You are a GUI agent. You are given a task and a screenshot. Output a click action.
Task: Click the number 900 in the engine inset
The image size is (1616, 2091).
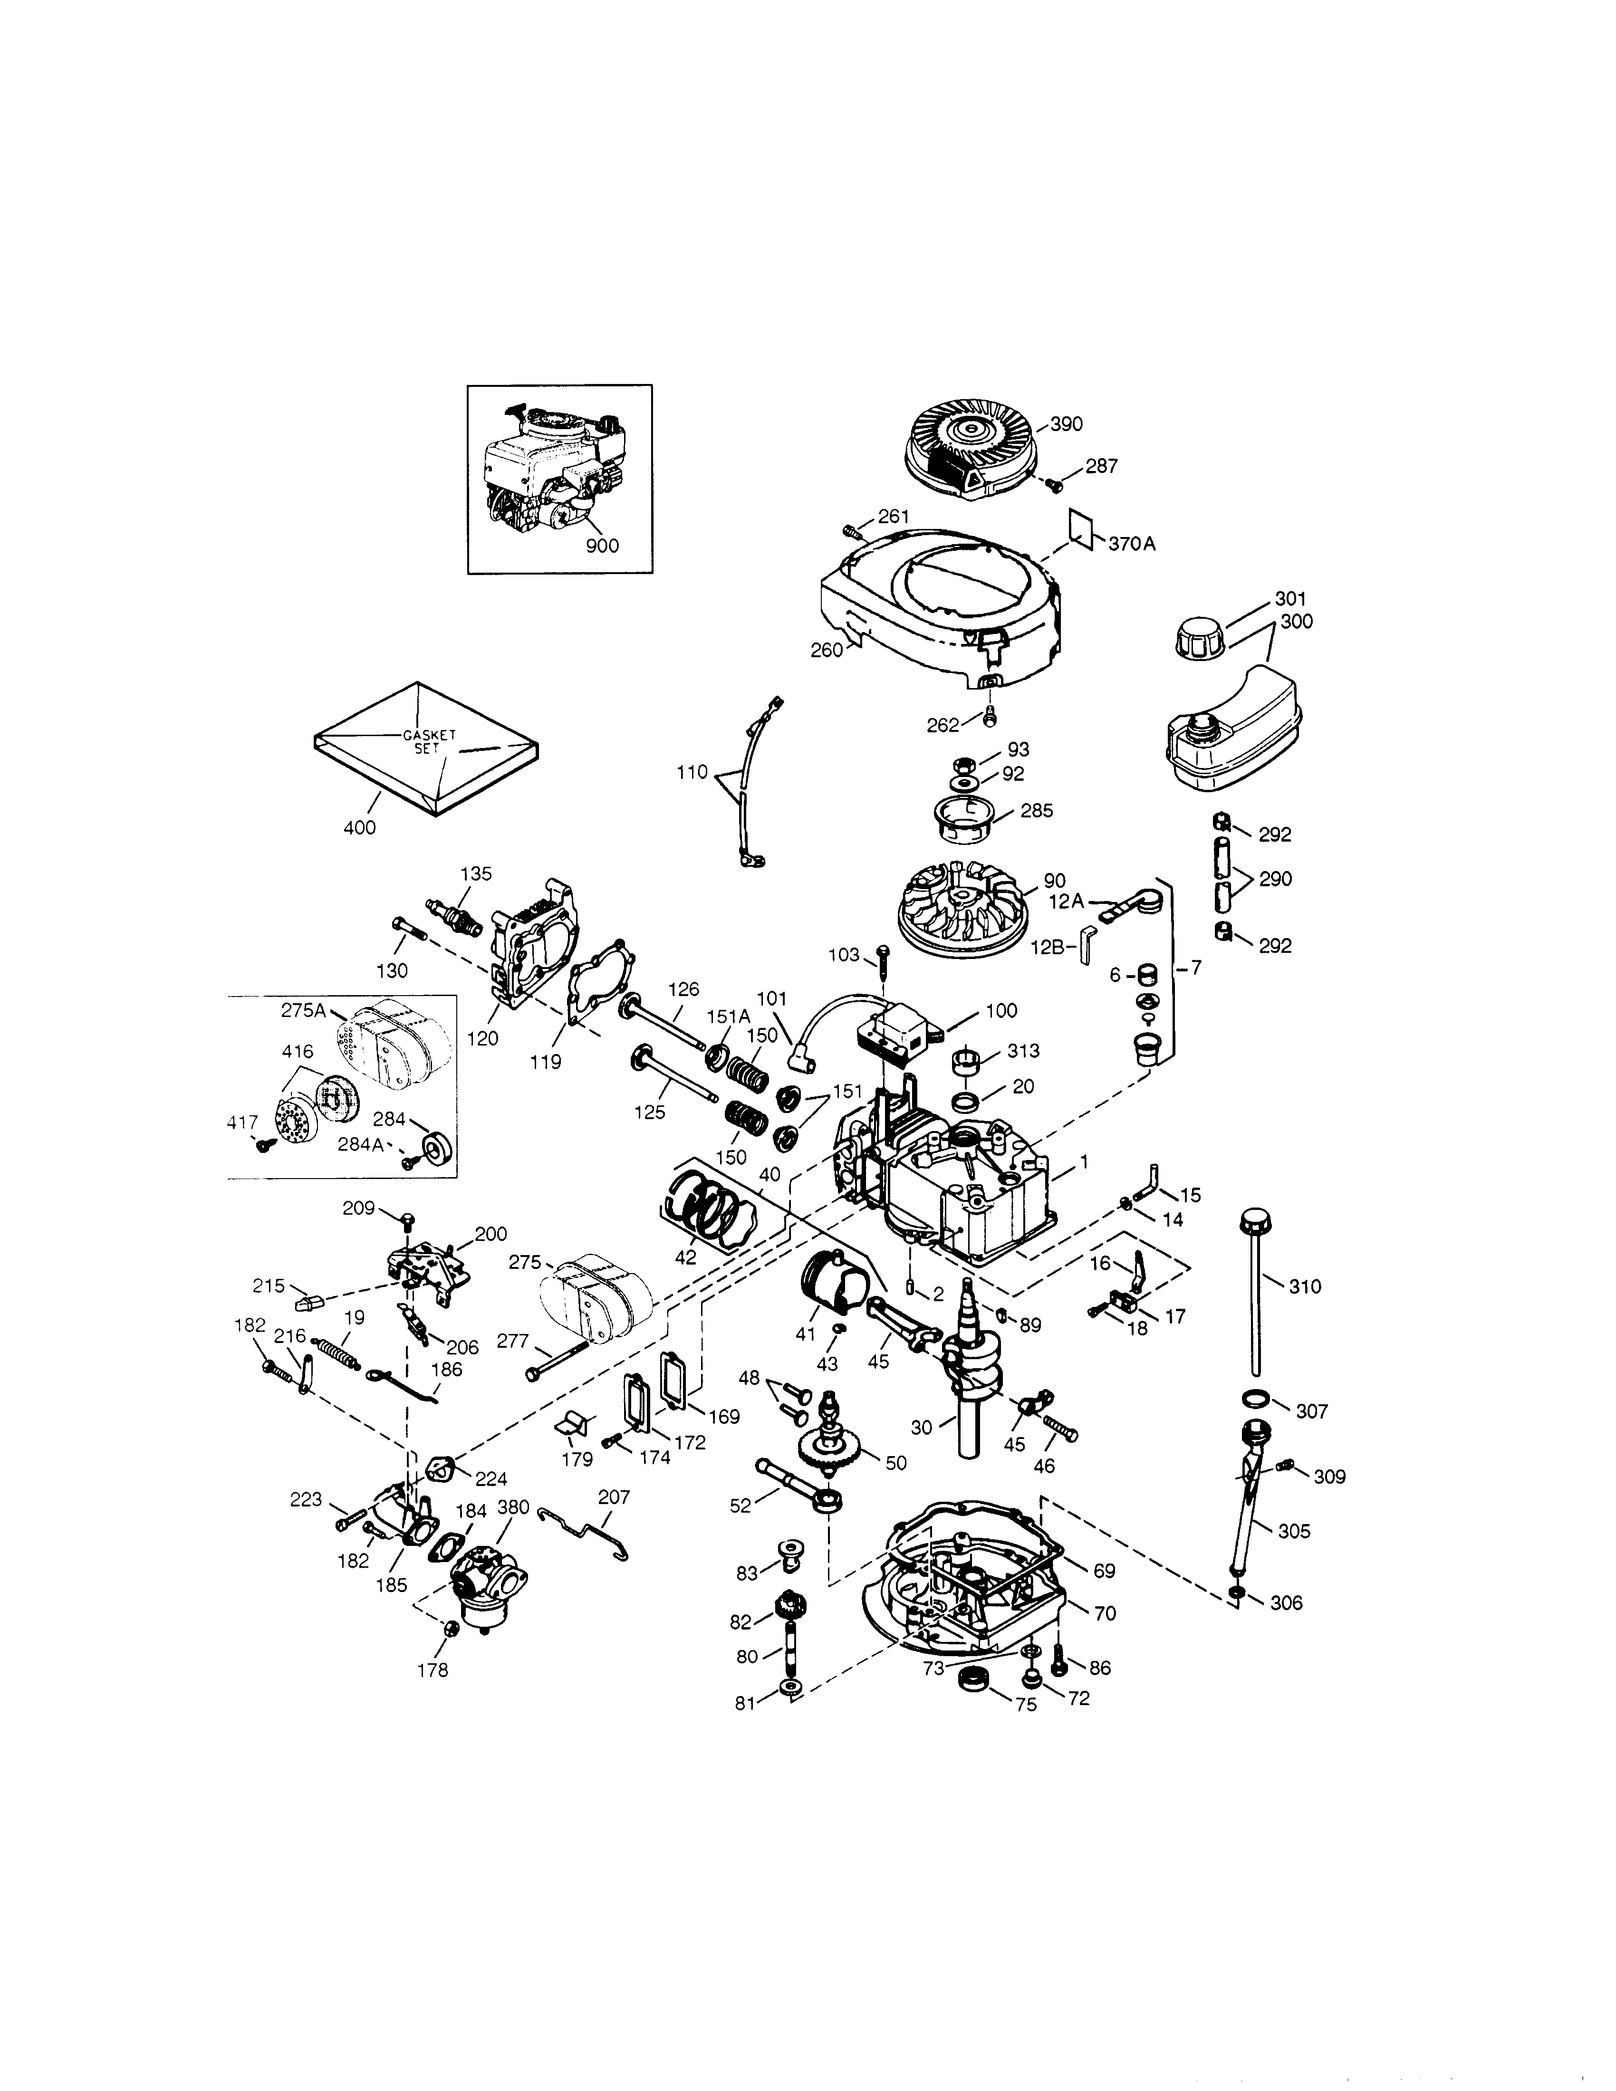pyautogui.click(x=602, y=546)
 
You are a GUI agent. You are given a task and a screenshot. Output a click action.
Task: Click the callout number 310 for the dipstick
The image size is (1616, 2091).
pyautogui.click(x=1305, y=1287)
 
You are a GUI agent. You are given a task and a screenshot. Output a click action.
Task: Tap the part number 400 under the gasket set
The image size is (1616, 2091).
pyautogui.click(x=360, y=827)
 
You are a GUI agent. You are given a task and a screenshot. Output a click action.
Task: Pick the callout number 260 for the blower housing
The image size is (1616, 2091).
pyautogui.click(x=826, y=650)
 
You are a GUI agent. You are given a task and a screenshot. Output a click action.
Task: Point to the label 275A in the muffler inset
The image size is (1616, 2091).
pyautogui.click(x=304, y=1009)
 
